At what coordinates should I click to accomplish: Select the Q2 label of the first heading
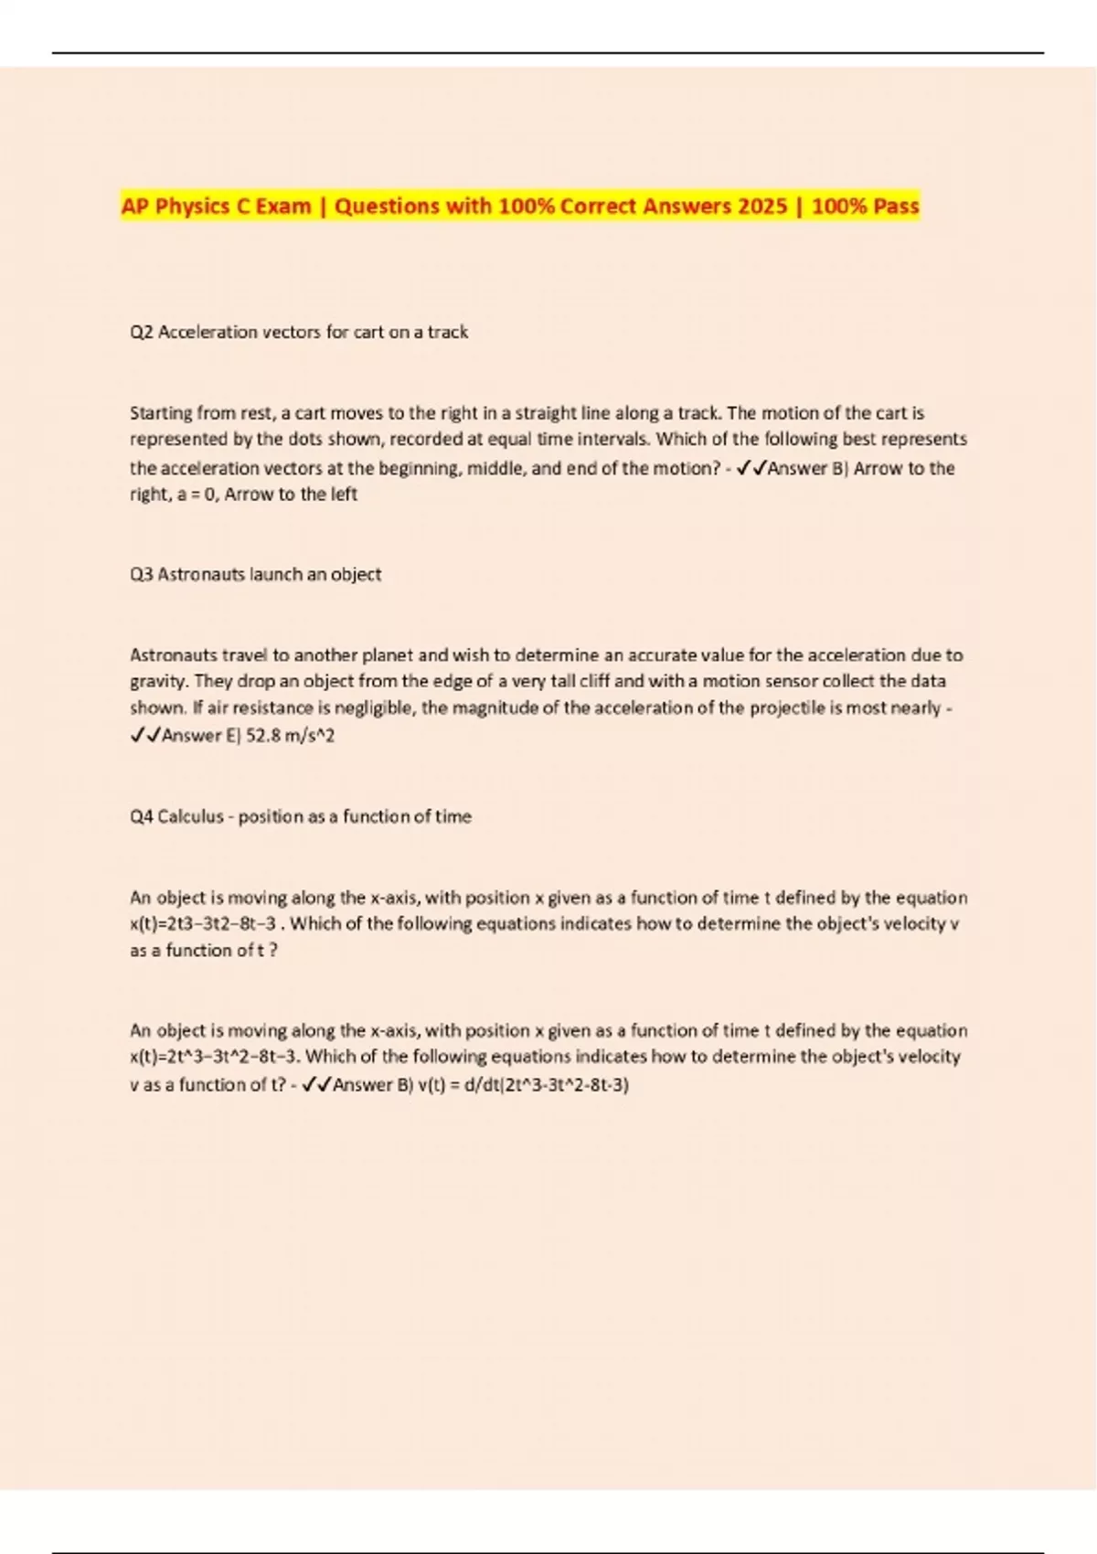142,333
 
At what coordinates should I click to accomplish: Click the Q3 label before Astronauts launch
142,575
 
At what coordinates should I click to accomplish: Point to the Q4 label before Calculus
142,817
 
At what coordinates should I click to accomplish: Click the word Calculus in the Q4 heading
190,817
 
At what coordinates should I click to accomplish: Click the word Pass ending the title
895,207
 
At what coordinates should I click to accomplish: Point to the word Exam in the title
282,207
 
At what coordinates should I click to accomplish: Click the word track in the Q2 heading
447,333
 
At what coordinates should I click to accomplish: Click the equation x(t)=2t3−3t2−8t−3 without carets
202,924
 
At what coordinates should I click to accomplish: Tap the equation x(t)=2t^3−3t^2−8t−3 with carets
216,1058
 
